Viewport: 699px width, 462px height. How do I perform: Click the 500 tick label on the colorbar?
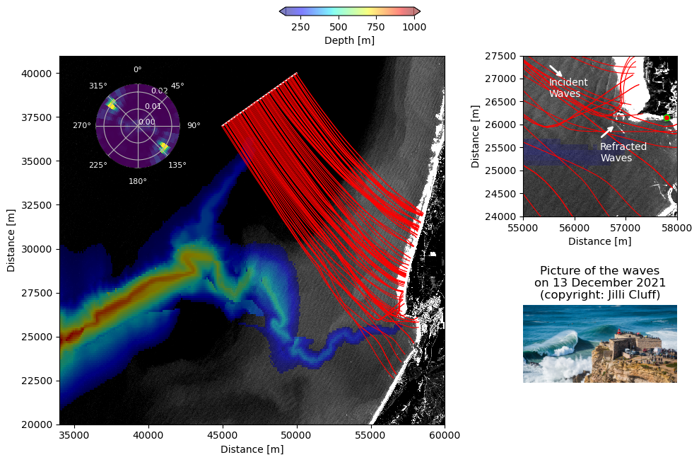(x=339, y=27)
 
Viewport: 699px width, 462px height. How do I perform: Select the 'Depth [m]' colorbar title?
(x=349, y=40)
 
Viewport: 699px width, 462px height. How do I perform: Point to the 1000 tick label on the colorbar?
(x=414, y=27)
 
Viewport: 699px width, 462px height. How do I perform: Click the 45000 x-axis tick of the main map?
(x=223, y=435)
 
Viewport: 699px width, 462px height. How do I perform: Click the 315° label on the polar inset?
(x=98, y=86)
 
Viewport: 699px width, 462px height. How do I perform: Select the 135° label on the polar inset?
(x=177, y=166)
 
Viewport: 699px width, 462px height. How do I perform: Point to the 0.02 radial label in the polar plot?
(x=160, y=91)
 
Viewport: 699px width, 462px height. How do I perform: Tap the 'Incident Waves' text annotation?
(x=568, y=88)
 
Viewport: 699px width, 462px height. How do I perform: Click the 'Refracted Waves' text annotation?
(x=623, y=152)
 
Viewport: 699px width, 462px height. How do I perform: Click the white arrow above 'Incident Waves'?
(x=556, y=71)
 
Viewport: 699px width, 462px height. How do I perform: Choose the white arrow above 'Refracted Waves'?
(x=607, y=131)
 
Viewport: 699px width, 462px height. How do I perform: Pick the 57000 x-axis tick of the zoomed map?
(x=625, y=228)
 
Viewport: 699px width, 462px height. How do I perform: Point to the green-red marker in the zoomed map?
(x=666, y=117)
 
